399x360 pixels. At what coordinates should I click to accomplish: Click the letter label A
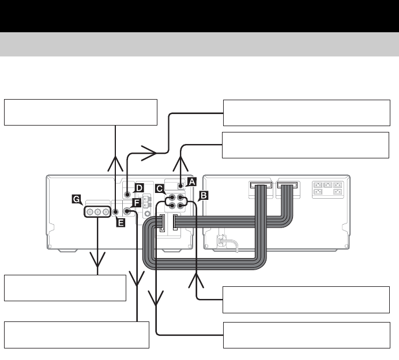(193, 180)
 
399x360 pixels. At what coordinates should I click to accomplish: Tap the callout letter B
(202, 195)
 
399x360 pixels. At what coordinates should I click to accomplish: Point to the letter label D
(139, 188)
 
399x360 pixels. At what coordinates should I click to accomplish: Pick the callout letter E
(121, 222)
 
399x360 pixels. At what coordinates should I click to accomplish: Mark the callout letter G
(76, 199)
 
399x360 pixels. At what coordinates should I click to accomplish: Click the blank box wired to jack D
(306, 113)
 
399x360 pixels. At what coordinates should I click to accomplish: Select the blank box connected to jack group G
(65, 287)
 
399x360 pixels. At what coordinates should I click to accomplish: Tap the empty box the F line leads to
(77, 335)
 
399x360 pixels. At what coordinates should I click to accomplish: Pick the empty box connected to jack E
(80, 112)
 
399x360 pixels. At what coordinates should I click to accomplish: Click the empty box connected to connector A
(306, 145)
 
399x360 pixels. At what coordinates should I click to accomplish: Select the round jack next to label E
(116, 212)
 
